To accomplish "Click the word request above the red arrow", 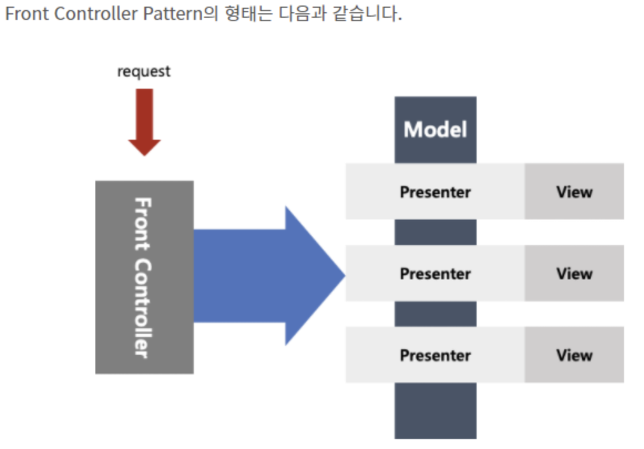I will [x=144, y=72].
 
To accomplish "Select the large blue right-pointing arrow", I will [x=260, y=275].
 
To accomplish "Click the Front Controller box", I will [x=144, y=277].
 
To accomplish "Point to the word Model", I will [x=435, y=130].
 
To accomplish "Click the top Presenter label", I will [x=435, y=192].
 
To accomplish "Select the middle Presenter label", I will [x=435, y=273].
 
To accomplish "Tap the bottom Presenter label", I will [x=435, y=355].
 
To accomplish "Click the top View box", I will [x=574, y=192].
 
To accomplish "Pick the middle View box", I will [x=574, y=273].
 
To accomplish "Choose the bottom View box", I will [x=574, y=355].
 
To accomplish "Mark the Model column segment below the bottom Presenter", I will [x=435, y=410].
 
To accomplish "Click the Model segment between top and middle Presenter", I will [x=435, y=232].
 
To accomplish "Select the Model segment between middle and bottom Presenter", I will [x=435, y=314].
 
